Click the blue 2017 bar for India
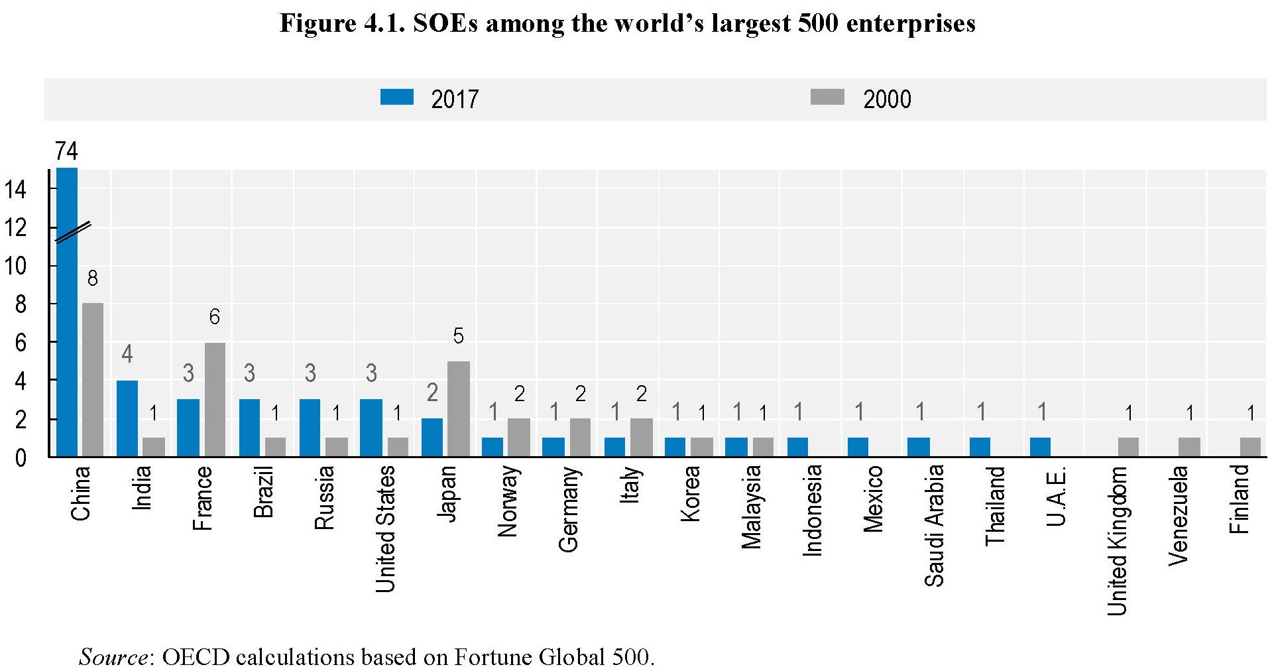point(127,418)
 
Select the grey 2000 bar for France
point(215,400)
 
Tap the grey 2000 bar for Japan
point(459,409)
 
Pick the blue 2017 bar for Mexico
point(858,448)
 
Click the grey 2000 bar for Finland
point(1250,448)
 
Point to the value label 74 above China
point(66,152)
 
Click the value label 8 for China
point(93,278)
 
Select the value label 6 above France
point(214,317)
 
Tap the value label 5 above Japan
point(458,336)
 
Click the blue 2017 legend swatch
point(397,97)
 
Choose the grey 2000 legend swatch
point(827,97)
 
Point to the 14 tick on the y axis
point(15,190)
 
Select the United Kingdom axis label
point(1118,540)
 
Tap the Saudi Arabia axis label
point(935,526)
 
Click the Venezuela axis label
point(1179,515)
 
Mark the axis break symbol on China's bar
point(72,232)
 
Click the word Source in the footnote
point(113,656)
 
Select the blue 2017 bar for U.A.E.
point(1040,448)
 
